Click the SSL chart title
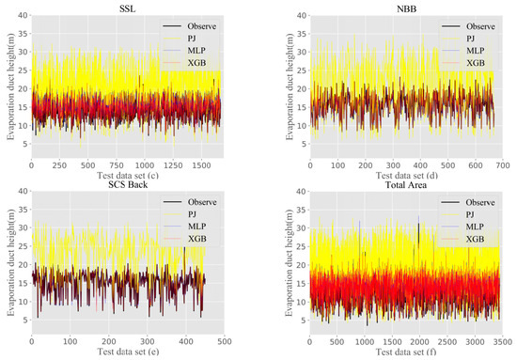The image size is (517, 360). [x=127, y=8]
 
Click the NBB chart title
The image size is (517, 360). [x=406, y=8]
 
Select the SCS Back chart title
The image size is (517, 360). [x=128, y=184]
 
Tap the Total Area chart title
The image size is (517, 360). [x=406, y=185]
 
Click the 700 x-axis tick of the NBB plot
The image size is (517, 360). [x=503, y=165]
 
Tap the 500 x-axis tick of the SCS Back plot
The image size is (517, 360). [x=225, y=341]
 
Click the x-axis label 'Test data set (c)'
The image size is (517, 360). [x=128, y=176]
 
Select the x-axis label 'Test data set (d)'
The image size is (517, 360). [x=406, y=176]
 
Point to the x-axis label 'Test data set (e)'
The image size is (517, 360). [x=128, y=352]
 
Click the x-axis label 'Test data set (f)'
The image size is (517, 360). [x=406, y=352]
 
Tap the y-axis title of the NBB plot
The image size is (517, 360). [x=290, y=86]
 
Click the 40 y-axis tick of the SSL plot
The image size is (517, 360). [x=23, y=15]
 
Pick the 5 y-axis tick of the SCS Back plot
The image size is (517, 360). [x=26, y=321]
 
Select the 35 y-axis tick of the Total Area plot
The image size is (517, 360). [x=303, y=210]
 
